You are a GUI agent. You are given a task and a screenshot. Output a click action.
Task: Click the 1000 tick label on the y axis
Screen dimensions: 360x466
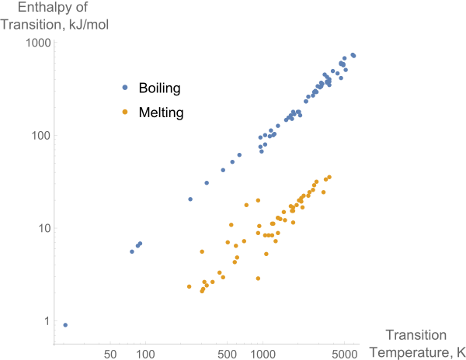pos(37,43)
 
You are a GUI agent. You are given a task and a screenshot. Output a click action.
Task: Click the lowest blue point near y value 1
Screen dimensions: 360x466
pos(65,325)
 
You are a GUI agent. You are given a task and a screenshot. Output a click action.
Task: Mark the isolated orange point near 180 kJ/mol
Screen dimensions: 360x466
pos(125,112)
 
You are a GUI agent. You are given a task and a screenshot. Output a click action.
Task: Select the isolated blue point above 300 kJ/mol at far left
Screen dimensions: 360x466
pos(125,88)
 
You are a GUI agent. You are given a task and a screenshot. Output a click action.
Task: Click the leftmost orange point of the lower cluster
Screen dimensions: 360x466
pos(189,287)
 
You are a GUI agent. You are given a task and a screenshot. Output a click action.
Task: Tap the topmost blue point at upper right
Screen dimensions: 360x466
pos(353,55)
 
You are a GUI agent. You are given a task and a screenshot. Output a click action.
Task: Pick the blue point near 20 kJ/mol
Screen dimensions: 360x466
pos(190,199)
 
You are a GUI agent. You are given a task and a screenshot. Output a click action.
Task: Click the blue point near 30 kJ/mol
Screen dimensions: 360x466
pos(207,183)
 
